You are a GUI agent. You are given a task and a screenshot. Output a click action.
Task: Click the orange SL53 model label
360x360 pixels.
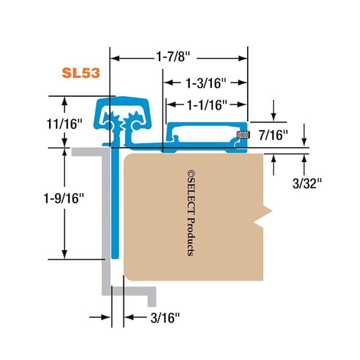(x=80, y=73)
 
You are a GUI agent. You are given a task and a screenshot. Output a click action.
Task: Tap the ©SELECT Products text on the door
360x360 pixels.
(x=190, y=213)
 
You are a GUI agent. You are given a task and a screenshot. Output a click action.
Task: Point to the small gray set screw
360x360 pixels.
(x=242, y=135)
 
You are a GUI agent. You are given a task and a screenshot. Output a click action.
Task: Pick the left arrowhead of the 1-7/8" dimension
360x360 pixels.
(x=114, y=59)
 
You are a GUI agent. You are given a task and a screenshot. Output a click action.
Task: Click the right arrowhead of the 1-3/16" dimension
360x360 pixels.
(x=244, y=82)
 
